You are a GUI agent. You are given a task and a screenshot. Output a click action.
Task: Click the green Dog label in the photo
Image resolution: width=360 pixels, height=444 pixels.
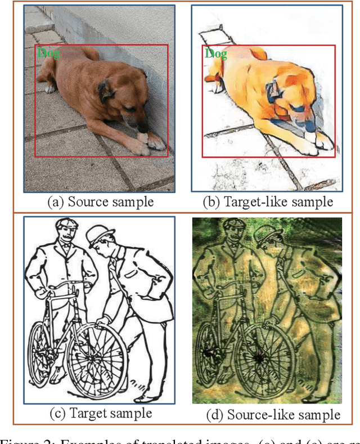point(48,53)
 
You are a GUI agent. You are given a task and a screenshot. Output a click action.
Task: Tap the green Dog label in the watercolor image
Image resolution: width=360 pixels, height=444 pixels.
point(215,54)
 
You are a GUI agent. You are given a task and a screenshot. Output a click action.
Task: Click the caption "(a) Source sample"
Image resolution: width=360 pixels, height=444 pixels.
point(100,201)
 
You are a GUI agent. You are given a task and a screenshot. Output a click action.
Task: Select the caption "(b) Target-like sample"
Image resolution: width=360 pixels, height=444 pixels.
point(268,201)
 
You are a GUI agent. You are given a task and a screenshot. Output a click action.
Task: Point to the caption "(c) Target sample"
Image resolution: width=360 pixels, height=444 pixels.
point(101,413)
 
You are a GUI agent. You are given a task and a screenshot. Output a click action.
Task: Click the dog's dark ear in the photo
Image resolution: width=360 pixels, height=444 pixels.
point(106,90)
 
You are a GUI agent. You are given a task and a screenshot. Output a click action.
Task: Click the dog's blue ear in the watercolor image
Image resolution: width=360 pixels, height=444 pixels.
point(274,89)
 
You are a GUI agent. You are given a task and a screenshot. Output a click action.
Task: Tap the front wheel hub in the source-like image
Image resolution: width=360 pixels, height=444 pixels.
point(260,357)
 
